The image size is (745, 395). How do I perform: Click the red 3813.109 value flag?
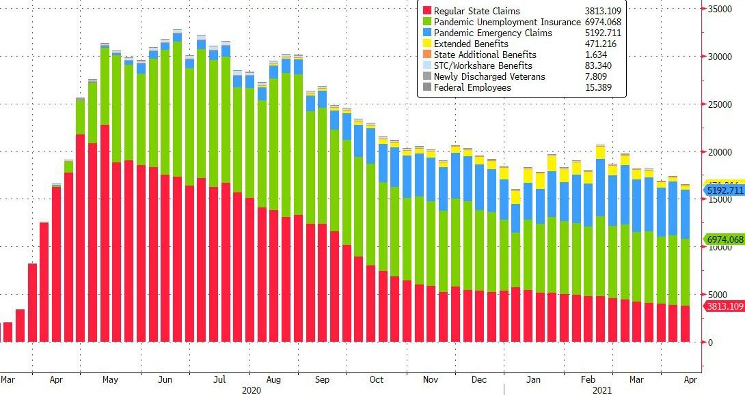pos(723,306)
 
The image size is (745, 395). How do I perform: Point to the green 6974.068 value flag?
pos(723,239)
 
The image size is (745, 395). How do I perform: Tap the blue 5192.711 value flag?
pos(723,191)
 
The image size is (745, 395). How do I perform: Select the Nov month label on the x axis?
pos(430,379)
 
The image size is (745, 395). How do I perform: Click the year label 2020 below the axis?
pos(251,390)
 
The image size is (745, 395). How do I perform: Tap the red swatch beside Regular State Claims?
pos(426,11)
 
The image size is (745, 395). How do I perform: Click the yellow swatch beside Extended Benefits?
pos(426,44)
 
